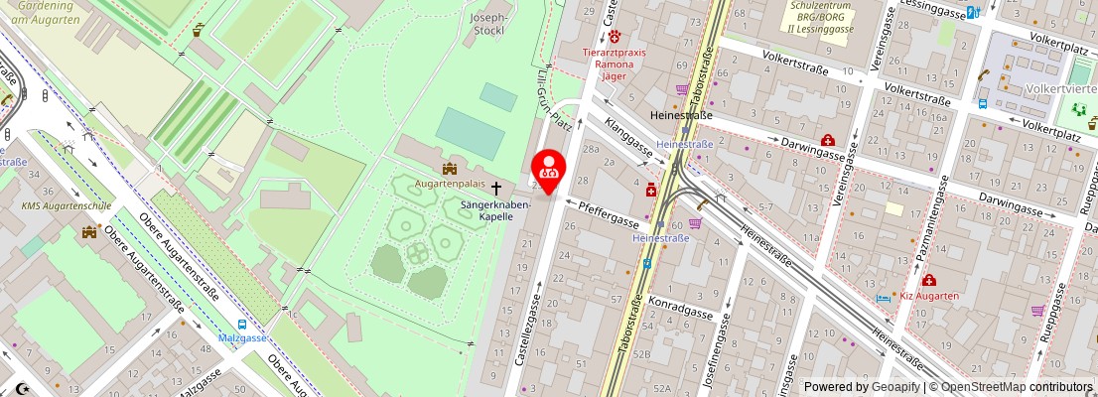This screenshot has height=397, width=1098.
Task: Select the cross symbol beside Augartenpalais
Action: pyautogui.click(x=495, y=186)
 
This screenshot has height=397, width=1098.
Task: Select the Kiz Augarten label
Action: pyautogui.click(x=930, y=296)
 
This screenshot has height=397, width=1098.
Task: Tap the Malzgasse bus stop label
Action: pyautogui.click(x=242, y=337)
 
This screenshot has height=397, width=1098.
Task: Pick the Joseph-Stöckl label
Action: pyautogui.click(x=487, y=24)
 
